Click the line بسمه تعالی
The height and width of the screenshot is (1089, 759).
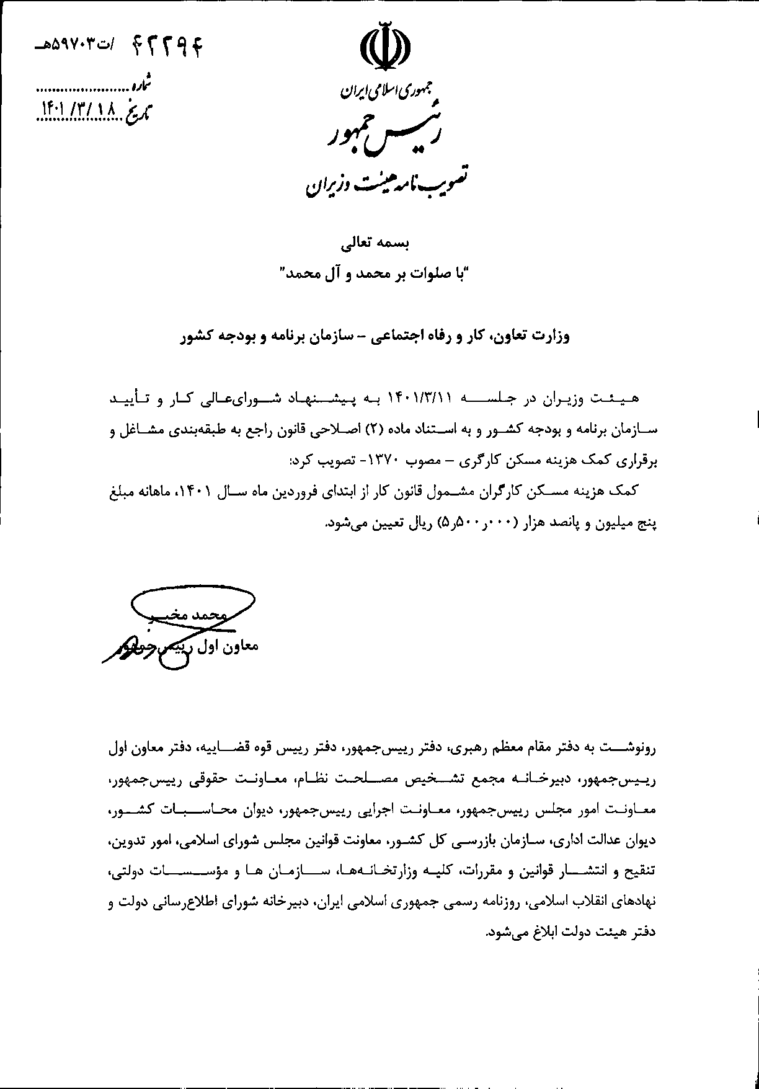pyautogui.click(x=379, y=244)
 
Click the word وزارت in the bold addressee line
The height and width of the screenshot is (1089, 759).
pyautogui.click(x=549, y=337)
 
